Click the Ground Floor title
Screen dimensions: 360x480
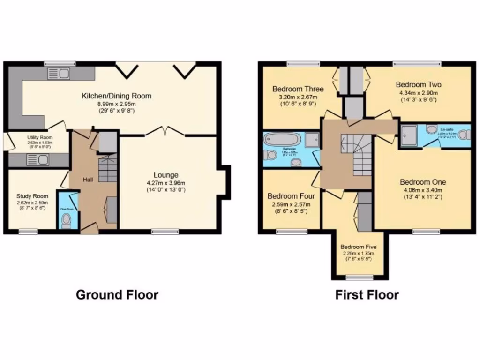pyautogui.click(x=117, y=295)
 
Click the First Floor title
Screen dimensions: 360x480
pyautogui.click(x=367, y=295)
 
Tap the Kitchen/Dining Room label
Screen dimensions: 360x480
pyautogui.click(x=117, y=96)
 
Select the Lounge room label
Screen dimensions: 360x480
pyautogui.click(x=166, y=175)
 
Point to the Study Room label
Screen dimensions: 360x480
pyautogui.click(x=32, y=196)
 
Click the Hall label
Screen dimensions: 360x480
pyautogui.click(x=88, y=180)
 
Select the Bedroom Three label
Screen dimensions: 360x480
pyautogui.click(x=298, y=89)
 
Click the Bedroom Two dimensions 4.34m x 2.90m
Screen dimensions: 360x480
pyautogui.click(x=419, y=93)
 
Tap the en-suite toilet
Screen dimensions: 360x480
pyautogui.click(x=463, y=135)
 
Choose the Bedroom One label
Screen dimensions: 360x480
pyautogui.click(x=423, y=182)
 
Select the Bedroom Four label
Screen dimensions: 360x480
pyautogui.click(x=291, y=196)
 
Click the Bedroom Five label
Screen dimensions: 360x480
pyautogui.click(x=358, y=247)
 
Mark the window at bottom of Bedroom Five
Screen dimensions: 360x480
pyautogui.click(x=359, y=277)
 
